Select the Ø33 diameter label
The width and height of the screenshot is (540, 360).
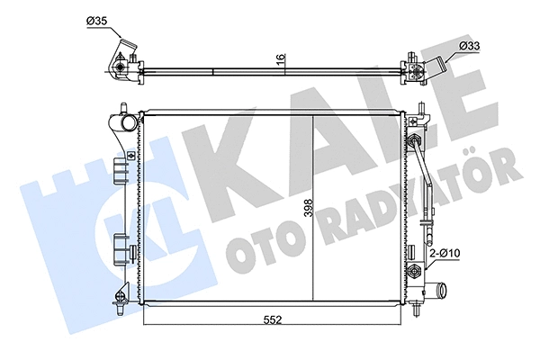(469, 45)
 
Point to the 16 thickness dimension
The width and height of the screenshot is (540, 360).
(281, 59)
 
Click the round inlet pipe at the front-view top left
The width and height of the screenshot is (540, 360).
(127, 121)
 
